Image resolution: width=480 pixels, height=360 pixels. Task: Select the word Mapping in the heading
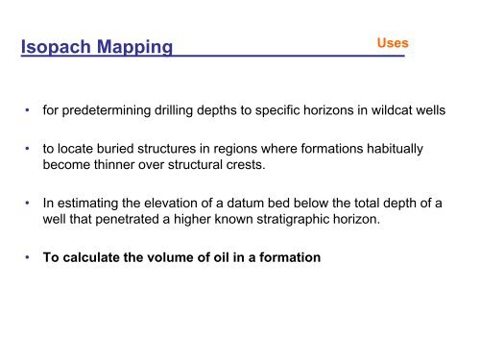pyautogui.click(x=131, y=48)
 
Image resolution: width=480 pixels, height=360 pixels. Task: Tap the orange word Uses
pyautogui.click(x=394, y=43)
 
